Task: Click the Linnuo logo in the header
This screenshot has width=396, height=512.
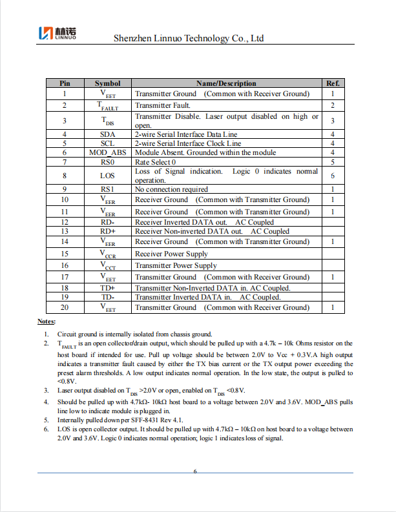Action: coord(58,33)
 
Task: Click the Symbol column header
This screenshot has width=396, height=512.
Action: coord(107,83)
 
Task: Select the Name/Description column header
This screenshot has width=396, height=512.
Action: coord(225,83)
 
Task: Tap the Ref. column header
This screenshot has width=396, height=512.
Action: coord(332,83)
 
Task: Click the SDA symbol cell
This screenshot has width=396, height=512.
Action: coord(107,134)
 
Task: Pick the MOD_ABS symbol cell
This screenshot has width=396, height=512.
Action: coord(107,152)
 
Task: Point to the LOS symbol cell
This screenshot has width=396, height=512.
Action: coord(107,176)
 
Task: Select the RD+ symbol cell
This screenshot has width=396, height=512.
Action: coord(107,231)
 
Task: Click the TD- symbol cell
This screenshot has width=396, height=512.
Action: coord(107,297)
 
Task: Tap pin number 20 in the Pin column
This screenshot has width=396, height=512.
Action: coord(65,307)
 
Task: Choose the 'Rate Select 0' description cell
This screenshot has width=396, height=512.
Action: coord(155,162)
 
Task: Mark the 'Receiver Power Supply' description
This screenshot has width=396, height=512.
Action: coord(171,254)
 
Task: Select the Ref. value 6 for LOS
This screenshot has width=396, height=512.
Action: coord(332,176)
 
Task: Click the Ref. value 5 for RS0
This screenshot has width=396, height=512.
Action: coord(332,162)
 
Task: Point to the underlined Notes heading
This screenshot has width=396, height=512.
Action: coord(47,322)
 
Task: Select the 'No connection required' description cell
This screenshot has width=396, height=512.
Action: coord(171,189)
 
